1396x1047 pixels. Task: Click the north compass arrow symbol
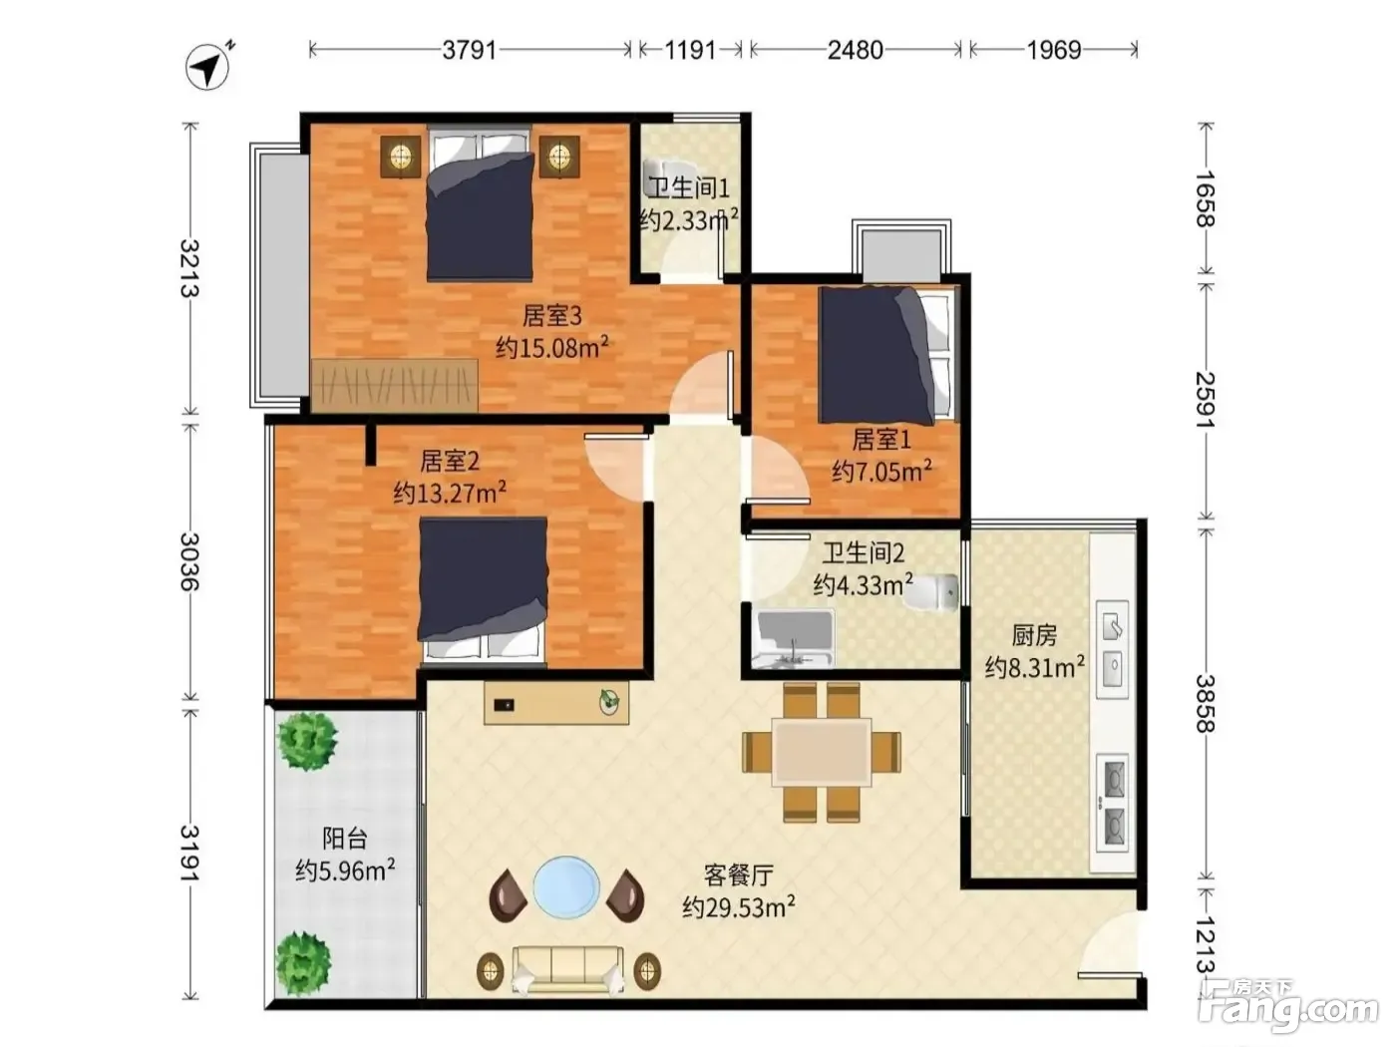[x=208, y=66]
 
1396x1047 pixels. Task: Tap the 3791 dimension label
[x=470, y=50]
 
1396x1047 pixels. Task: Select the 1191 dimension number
[x=690, y=50]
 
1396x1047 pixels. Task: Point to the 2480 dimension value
[x=856, y=50]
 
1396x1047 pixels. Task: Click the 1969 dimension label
[x=1054, y=50]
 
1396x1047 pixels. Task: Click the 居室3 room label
[x=552, y=315]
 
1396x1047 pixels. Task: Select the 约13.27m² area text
[x=450, y=492]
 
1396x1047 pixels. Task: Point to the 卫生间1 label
[x=689, y=187]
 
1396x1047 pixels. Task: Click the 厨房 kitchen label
[x=1034, y=635]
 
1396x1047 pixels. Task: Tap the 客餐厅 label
[x=739, y=876]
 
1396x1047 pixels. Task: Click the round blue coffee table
[x=566, y=886]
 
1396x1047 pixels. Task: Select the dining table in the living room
[x=822, y=753]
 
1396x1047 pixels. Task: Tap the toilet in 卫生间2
[x=932, y=592]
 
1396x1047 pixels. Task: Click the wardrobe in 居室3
[x=394, y=386]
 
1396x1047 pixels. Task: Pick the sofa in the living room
[x=568, y=969]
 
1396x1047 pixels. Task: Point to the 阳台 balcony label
[x=345, y=839]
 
